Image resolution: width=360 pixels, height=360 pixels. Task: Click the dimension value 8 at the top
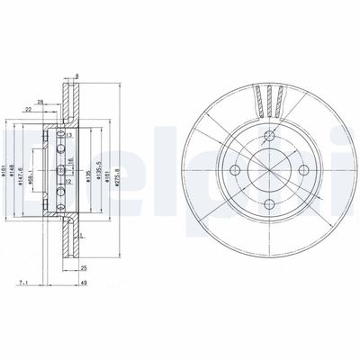click(78, 77)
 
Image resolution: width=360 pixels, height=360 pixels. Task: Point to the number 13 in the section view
click(67, 134)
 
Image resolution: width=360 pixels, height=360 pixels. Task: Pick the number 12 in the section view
click(67, 183)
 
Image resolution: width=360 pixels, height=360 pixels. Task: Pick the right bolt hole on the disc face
click(282, 169)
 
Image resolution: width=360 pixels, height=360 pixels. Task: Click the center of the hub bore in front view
click(256, 169)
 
